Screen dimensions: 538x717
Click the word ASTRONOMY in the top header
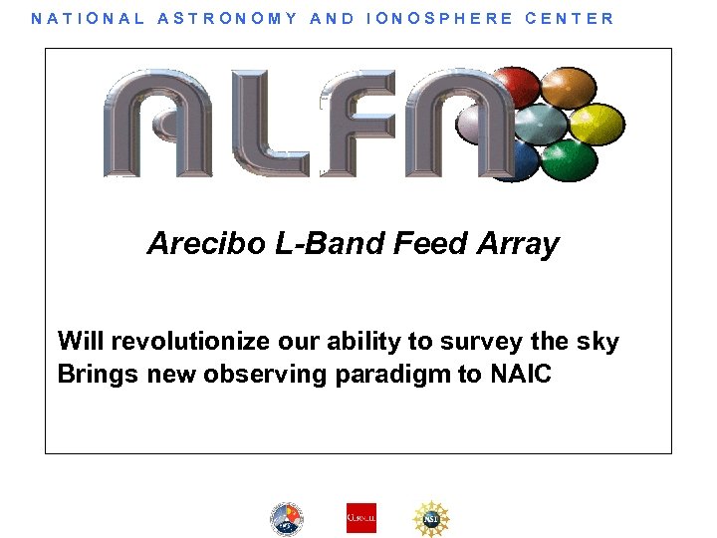[x=227, y=18]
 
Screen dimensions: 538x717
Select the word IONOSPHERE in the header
[x=438, y=18]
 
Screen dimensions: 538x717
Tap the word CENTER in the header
[x=570, y=18]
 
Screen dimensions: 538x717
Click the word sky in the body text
[x=597, y=342]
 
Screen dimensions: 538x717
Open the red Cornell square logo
[x=361, y=518]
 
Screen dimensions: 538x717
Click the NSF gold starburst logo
[x=431, y=518]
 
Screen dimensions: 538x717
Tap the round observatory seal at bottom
[x=287, y=518]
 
